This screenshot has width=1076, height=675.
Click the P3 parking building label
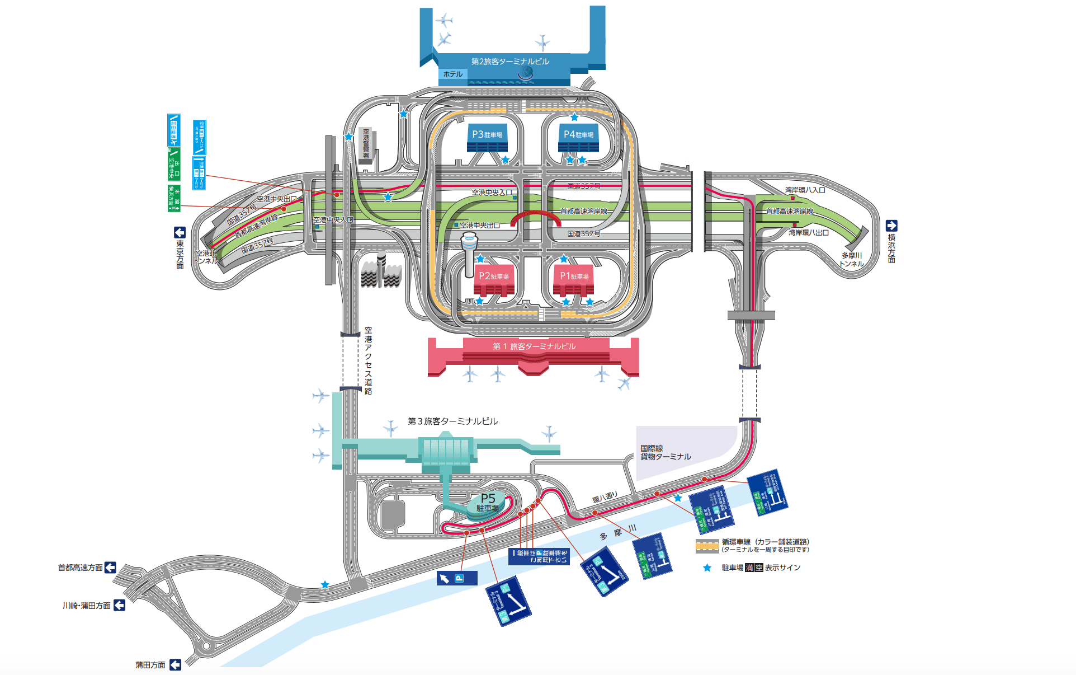point(487,134)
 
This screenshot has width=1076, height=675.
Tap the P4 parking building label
point(578,134)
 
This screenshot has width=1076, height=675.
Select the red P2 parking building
point(494,280)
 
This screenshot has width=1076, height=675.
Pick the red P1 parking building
point(574,280)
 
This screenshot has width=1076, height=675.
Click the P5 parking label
point(488,502)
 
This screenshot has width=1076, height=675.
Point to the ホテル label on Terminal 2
point(453,74)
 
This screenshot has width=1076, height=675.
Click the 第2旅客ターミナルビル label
point(510,62)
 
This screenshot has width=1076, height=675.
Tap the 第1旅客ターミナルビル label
point(534,346)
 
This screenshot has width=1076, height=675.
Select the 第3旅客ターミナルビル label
point(452,421)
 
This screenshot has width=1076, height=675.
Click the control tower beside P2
point(469,252)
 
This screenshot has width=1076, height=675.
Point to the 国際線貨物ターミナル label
point(665,453)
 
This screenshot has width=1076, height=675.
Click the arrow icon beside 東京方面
point(180,232)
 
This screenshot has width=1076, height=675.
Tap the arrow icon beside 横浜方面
point(891,226)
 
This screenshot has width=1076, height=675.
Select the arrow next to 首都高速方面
point(110,568)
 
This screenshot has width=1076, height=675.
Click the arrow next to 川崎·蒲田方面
point(119,605)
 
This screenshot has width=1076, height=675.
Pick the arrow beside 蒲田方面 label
point(175,664)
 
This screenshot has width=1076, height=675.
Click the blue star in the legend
point(707,568)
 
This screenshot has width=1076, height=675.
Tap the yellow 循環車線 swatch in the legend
point(707,545)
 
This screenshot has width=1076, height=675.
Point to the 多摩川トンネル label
point(851,260)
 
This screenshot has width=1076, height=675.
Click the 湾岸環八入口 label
point(805,190)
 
